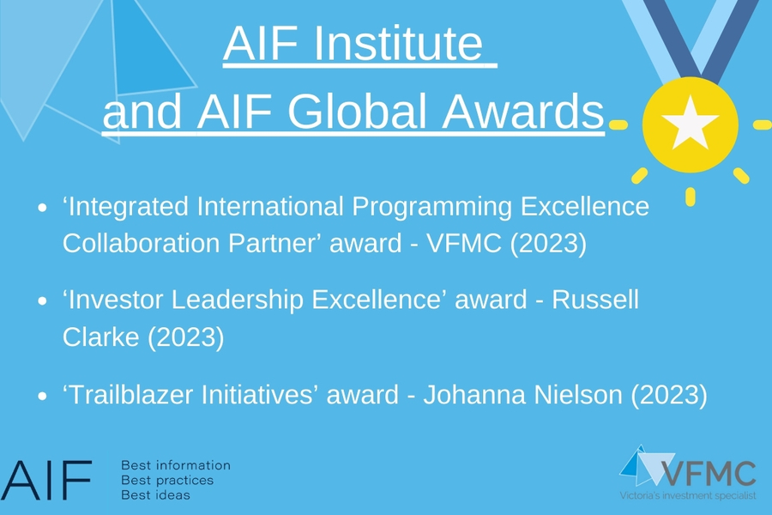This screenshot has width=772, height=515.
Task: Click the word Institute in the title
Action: [398, 43]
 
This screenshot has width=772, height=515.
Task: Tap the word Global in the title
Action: [357, 112]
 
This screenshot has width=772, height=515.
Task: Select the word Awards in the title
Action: [523, 112]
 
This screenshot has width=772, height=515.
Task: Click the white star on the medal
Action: [690, 124]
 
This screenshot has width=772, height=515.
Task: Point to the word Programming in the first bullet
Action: [431, 207]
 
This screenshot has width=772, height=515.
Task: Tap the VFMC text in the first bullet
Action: [464, 243]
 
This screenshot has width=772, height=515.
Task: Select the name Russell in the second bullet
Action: [595, 300]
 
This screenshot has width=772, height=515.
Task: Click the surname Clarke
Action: [101, 337]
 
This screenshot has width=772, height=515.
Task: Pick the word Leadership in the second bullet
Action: [238, 300]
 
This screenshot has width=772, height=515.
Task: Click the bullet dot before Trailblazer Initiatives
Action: [42, 396]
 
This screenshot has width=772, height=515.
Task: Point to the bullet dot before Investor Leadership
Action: [42, 300]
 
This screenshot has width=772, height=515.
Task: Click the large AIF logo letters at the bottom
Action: [45, 480]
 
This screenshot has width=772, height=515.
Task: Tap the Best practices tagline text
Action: [167, 481]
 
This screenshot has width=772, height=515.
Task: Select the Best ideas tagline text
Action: [155, 494]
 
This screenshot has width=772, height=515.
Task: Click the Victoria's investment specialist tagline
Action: [688, 495]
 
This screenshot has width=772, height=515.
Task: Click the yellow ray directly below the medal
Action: [691, 197]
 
